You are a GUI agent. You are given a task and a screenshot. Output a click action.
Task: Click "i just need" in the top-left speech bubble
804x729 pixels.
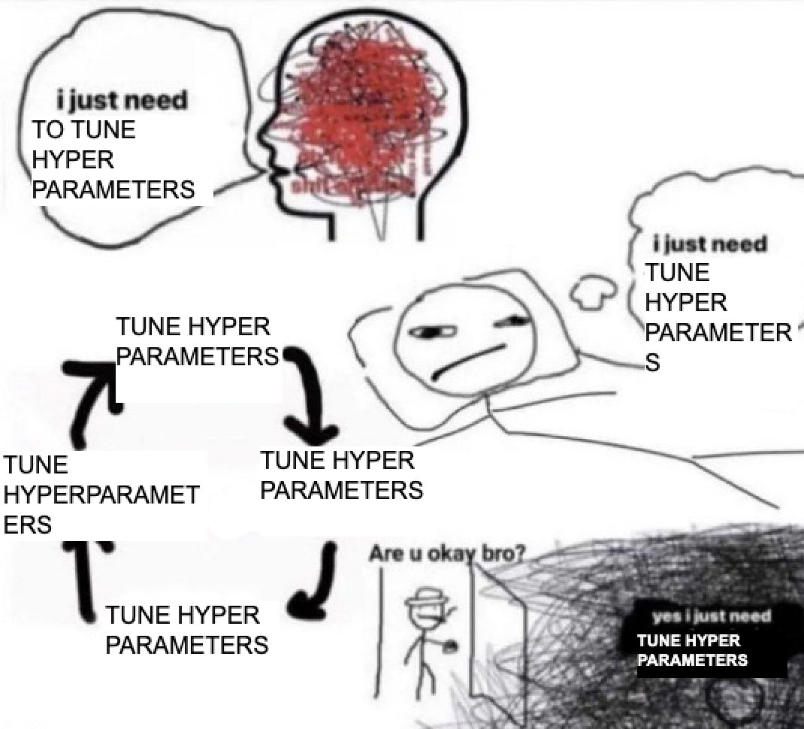[122, 100]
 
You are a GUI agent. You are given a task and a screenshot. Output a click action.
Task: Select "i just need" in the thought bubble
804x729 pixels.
[710, 244]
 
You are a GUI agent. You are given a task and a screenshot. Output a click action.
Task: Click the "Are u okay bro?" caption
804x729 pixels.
[446, 554]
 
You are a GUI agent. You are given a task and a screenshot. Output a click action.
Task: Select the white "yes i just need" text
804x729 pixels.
[712, 617]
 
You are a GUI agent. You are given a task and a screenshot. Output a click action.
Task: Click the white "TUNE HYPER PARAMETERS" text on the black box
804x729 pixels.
[691, 651]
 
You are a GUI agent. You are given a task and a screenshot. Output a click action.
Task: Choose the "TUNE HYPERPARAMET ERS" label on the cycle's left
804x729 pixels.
[101, 494]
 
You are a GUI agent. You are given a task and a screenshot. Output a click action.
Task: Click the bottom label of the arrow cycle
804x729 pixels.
[186, 631]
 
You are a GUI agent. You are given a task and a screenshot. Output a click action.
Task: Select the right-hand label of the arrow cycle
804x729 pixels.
[340, 475]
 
